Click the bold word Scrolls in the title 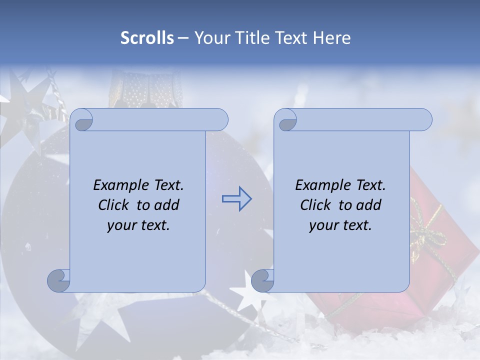click(x=147, y=38)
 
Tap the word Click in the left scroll click(x=115, y=205)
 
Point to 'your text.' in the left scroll click(x=138, y=225)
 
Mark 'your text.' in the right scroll click(x=340, y=225)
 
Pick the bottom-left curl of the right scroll click(x=262, y=280)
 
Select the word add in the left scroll click(x=167, y=205)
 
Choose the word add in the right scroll click(x=369, y=205)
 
